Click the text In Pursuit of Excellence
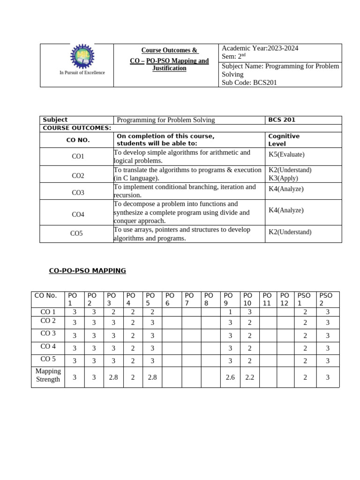[x=82, y=73]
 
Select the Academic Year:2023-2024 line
[x=260, y=48]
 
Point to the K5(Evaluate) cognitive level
[x=286, y=154]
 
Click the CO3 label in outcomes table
[x=78, y=192]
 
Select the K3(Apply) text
[x=283, y=178]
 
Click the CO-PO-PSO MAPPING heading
[x=88, y=270]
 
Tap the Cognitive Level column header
[x=284, y=140]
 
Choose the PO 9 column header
[x=228, y=299]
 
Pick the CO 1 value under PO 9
[x=230, y=312]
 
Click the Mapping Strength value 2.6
[x=230, y=377]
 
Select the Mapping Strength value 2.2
[x=249, y=377]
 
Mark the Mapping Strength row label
[x=48, y=375]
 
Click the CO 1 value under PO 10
[x=249, y=312]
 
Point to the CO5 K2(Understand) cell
[x=290, y=232]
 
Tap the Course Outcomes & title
[x=170, y=50]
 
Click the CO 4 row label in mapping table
[x=48, y=346]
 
